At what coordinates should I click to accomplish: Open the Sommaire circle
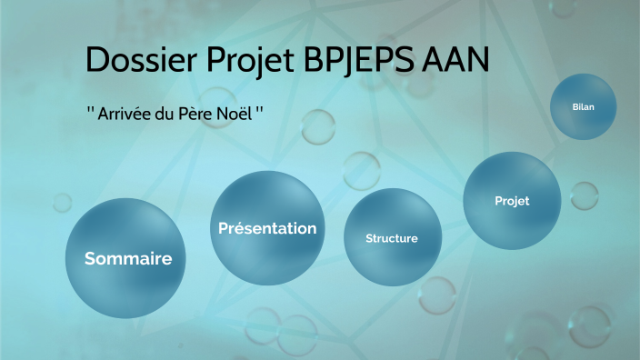tap(128, 258)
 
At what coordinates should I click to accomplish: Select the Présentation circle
tap(267, 228)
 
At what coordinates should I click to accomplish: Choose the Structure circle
tap(392, 238)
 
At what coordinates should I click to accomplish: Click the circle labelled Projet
tap(512, 201)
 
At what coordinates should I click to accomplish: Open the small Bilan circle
tap(583, 107)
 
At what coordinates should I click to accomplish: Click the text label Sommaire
tap(128, 258)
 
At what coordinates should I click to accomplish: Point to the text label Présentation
tap(267, 228)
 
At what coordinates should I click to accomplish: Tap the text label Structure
tap(392, 238)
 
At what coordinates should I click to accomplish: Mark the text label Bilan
tap(583, 107)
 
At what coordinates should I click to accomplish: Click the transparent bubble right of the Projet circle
tap(583, 195)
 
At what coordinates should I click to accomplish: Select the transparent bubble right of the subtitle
tap(318, 126)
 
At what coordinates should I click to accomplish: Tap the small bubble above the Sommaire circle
tap(62, 202)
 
